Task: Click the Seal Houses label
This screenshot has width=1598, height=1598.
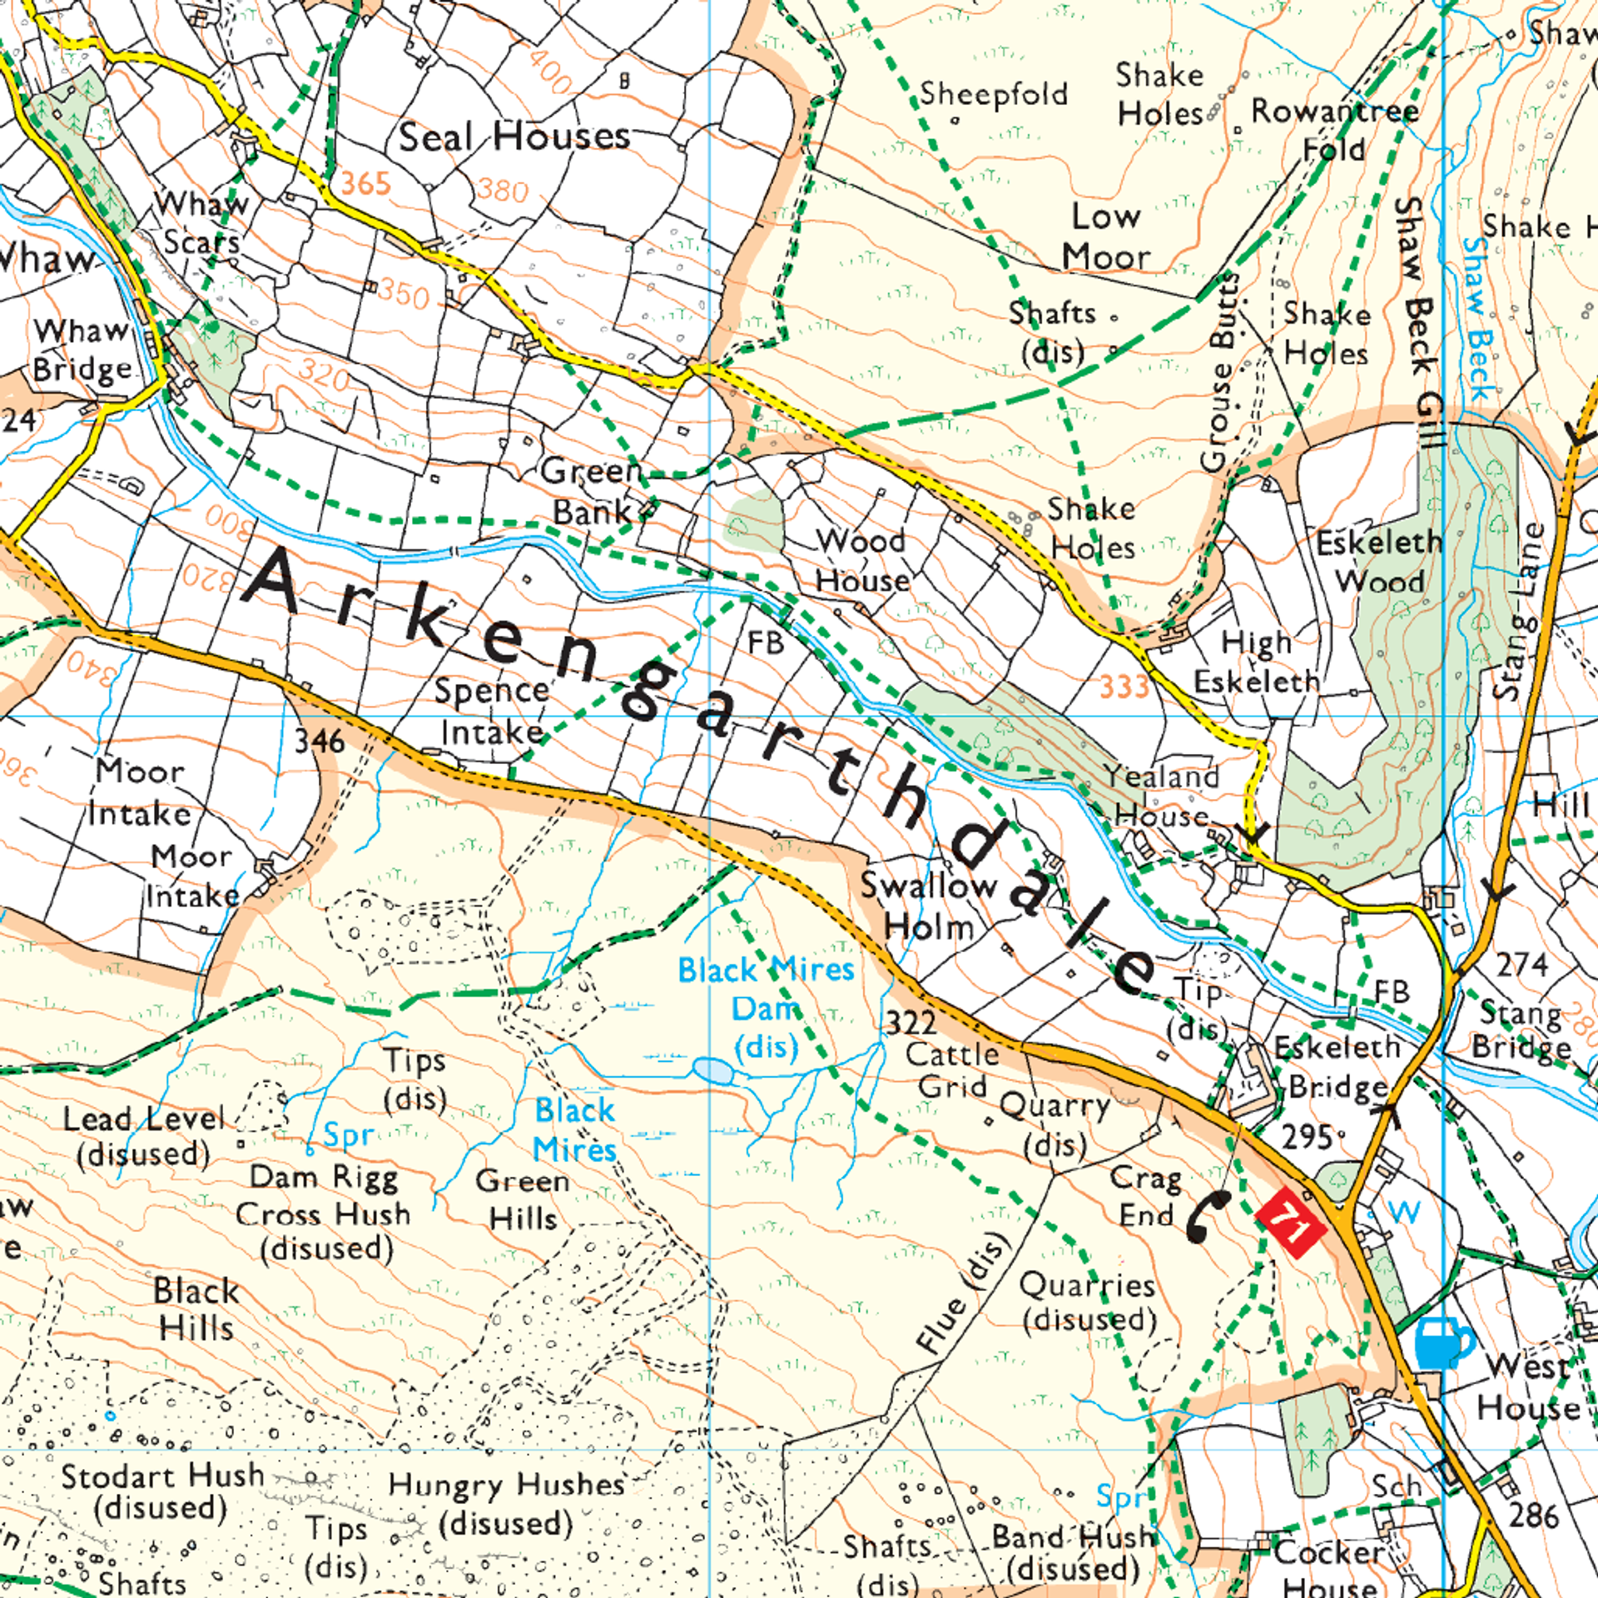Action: click(x=514, y=137)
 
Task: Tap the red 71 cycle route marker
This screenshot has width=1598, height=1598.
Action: click(x=1289, y=1223)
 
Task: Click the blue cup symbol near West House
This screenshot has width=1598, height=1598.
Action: click(x=1443, y=1342)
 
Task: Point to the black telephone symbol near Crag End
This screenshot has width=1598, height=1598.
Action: click(x=1206, y=1216)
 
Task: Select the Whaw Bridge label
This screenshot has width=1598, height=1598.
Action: click(x=82, y=350)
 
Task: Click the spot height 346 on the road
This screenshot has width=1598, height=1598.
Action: click(x=320, y=741)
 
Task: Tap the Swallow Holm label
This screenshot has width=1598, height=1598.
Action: click(x=928, y=906)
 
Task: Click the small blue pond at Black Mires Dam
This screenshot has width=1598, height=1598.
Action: click(x=713, y=1070)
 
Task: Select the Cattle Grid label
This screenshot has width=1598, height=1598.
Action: click(x=952, y=1070)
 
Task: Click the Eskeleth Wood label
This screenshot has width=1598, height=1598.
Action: click(x=1379, y=562)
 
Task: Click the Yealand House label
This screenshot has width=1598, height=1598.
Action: click(x=1162, y=795)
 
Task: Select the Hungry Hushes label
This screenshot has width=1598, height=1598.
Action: click(x=506, y=1504)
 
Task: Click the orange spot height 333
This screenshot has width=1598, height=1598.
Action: click(x=1124, y=687)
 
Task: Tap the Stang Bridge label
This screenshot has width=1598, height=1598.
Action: click(x=1521, y=1030)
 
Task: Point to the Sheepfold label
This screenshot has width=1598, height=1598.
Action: click(x=994, y=94)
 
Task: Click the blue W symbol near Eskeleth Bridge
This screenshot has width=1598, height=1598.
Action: click(x=1404, y=1212)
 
